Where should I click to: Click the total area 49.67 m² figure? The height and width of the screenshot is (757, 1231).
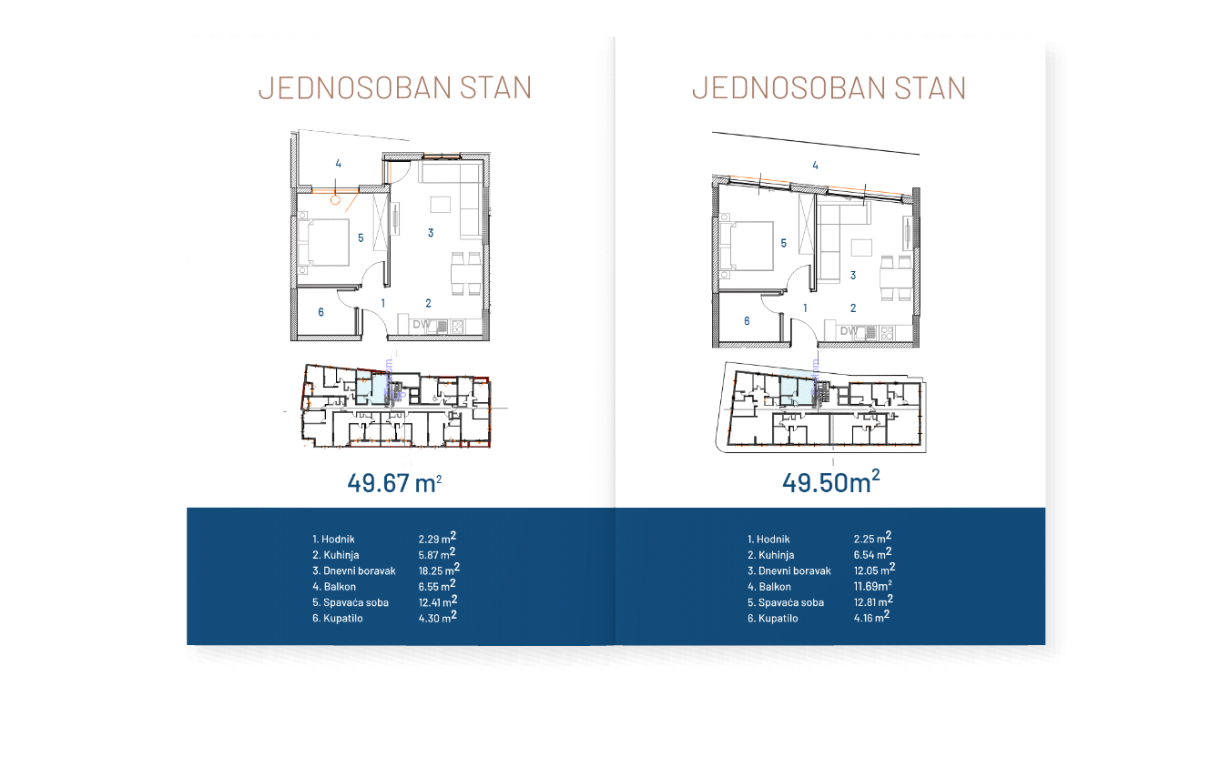pyautogui.click(x=394, y=483)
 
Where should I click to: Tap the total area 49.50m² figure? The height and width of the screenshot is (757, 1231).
pyautogui.click(x=830, y=482)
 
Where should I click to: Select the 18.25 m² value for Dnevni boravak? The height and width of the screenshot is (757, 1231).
pyautogui.click(x=437, y=570)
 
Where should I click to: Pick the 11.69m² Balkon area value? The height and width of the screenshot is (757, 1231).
pyautogui.click(x=872, y=587)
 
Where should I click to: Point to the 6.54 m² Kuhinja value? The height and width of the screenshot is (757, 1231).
pyautogui.click(x=872, y=555)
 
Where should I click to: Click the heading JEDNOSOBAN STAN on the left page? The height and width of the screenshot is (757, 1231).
pyautogui.click(x=394, y=88)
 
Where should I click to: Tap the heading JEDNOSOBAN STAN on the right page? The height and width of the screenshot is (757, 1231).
pyautogui.click(x=829, y=88)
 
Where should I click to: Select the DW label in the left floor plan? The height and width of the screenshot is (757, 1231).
pyautogui.click(x=421, y=324)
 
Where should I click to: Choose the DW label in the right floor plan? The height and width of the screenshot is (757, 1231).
pyautogui.click(x=849, y=331)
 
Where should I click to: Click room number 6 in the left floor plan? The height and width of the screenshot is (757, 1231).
pyautogui.click(x=320, y=312)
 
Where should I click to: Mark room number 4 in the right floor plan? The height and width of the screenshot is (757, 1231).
pyautogui.click(x=816, y=166)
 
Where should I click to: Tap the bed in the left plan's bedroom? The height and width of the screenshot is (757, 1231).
pyautogui.click(x=325, y=242)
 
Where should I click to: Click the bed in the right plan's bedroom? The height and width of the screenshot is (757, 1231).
pyautogui.click(x=749, y=245)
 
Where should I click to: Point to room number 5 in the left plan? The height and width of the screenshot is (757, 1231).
pyautogui.click(x=361, y=238)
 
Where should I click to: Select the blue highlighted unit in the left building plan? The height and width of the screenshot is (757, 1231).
pyautogui.click(x=364, y=389)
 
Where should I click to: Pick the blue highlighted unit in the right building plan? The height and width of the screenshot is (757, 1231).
pyautogui.click(x=789, y=389)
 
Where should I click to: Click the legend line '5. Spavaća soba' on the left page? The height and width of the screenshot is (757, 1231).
pyautogui.click(x=351, y=602)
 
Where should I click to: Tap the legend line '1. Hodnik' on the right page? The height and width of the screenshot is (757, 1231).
pyautogui.click(x=768, y=540)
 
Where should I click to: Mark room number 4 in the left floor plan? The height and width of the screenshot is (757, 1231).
pyautogui.click(x=338, y=164)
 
